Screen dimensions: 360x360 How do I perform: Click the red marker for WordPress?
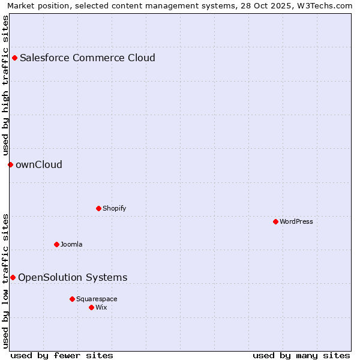(x=275, y=221)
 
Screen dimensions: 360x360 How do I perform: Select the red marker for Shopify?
(x=98, y=208)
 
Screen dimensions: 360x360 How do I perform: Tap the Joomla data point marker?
(x=56, y=244)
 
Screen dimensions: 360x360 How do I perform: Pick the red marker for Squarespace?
(x=72, y=299)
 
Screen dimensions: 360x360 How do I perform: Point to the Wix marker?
(x=91, y=307)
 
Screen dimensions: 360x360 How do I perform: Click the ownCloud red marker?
(x=10, y=164)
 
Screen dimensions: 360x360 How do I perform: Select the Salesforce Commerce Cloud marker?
(x=14, y=58)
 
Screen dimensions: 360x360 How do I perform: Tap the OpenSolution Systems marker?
(x=13, y=277)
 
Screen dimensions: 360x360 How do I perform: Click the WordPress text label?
(x=296, y=221)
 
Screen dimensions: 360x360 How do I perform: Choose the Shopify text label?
(x=114, y=208)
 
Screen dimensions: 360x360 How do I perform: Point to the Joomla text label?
(x=71, y=244)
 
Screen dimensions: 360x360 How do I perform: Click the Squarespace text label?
(x=97, y=299)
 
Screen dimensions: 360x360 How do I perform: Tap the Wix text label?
(x=101, y=307)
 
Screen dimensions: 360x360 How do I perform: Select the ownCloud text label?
(x=39, y=164)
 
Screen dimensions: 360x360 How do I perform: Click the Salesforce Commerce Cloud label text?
(x=88, y=58)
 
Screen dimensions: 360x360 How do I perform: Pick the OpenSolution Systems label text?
(x=73, y=277)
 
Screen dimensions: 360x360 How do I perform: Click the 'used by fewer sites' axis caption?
(x=62, y=355)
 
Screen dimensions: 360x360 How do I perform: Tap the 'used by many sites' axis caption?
(x=301, y=355)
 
